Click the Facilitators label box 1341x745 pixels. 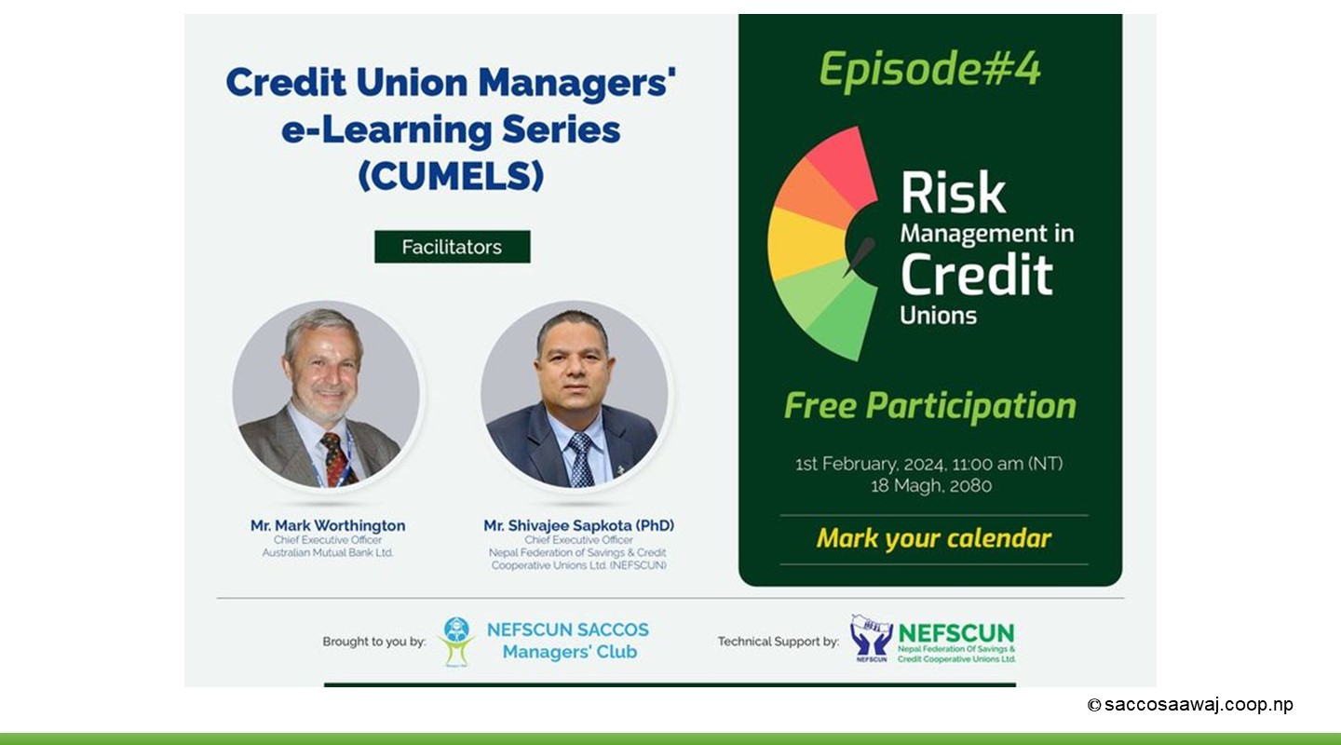point(452,247)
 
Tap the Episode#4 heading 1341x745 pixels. point(929,70)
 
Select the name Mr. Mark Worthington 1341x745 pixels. point(328,526)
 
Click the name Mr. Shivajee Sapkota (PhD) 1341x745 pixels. point(578,526)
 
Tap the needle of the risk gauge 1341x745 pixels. point(859,256)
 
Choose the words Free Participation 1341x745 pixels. point(929,407)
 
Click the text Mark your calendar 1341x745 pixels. point(933,538)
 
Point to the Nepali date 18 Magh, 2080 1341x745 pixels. point(931,486)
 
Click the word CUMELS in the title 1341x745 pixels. point(451,175)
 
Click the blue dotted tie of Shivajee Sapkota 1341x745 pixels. point(580,459)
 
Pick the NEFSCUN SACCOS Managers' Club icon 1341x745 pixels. point(456,642)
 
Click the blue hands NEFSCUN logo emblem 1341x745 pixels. point(871,639)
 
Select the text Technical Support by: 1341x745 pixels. point(779,642)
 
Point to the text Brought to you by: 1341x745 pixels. point(374,642)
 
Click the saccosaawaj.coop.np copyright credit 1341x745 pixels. point(1190,705)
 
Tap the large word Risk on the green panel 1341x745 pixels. point(953,193)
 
